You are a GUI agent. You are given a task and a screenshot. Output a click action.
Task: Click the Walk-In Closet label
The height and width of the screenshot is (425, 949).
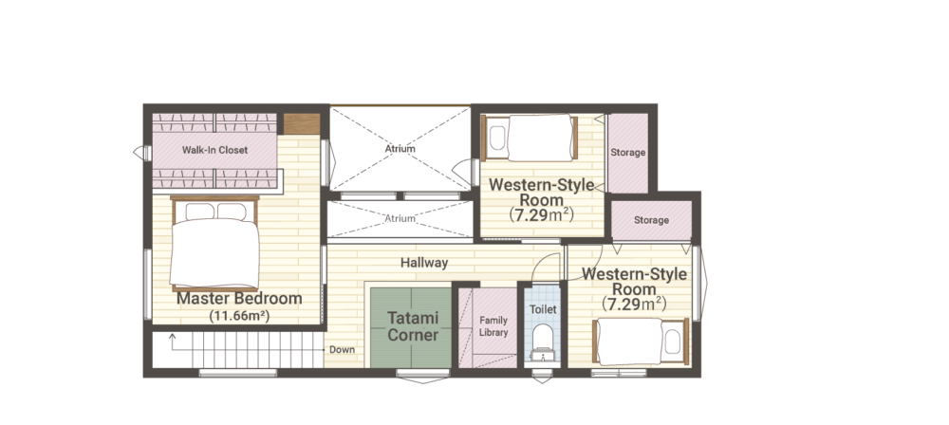pyautogui.click(x=214, y=150)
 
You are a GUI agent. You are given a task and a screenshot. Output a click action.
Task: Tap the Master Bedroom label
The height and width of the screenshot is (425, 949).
pyautogui.click(x=239, y=299)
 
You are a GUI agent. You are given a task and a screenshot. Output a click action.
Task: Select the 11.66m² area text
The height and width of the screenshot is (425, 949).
pyautogui.click(x=239, y=315)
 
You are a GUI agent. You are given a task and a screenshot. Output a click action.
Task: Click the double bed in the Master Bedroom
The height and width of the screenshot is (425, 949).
pyautogui.click(x=214, y=244)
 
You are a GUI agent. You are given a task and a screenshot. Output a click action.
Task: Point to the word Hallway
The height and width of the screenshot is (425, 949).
pyautogui.click(x=424, y=263)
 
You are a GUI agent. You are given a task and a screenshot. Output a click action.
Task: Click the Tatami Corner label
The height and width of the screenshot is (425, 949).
pyautogui.click(x=413, y=326)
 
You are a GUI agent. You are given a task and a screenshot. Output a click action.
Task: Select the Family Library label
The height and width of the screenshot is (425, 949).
pyautogui.click(x=493, y=326)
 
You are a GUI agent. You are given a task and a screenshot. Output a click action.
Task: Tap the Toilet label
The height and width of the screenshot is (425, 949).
pyautogui.click(x=543, y=308)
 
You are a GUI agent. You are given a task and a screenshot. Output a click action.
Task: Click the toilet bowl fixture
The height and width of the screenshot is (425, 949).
pyautogui.click(x=543, y=342)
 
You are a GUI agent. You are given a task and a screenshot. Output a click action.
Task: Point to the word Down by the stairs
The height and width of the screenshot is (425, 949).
pyautogui.click(x=342, y=349)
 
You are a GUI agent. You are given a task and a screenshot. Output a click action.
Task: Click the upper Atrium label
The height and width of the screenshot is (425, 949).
pyautogui.click(x=400, y=148)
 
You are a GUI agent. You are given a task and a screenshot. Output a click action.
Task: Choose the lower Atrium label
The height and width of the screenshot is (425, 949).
pyautogui.click(x=400, y=218)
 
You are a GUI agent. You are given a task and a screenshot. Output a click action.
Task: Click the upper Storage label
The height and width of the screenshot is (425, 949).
pyautogui.click(x=627, y=153)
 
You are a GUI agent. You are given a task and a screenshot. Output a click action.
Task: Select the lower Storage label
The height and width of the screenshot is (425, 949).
pyautogui.click(x=651, y=220)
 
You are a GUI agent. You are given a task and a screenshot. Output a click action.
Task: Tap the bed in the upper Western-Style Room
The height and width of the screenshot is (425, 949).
pyautogui.click(x=529, y=139)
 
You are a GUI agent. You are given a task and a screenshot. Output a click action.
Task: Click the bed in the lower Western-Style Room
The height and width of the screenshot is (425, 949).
pyautogui.click(x=642, y=342)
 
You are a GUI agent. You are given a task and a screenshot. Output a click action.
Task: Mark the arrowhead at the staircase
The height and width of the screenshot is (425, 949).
pyautogui.click(x=173, y=336)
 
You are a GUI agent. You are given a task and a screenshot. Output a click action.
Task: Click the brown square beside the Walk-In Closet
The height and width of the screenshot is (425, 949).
pyautogui.click(x=302, y=124)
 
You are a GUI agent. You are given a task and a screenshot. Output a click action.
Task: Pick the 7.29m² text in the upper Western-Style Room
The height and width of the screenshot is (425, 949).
pyautogui.click(x=541, y=214)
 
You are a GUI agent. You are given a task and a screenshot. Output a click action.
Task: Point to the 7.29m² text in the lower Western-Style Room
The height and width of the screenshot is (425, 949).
pyautogui.click(x=634, y=304)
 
